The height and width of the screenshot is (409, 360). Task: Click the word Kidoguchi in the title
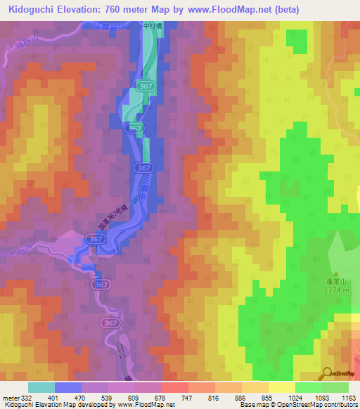click(32, 10)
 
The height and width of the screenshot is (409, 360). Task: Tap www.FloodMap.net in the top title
click(228, 10)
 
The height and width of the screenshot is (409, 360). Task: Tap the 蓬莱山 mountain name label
click(333, 277)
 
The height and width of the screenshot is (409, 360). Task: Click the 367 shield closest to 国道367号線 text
click(96, 240)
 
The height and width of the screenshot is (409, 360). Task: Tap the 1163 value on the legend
click(349, 398)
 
